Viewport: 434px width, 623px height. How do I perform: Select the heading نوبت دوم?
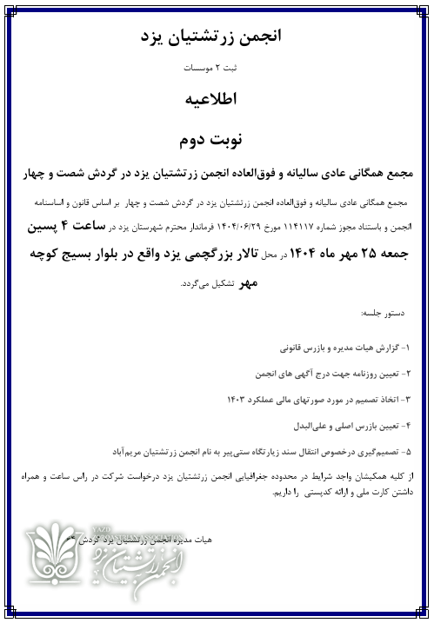click(217, 138)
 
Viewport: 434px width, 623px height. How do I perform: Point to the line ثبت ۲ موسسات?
click(217, 67)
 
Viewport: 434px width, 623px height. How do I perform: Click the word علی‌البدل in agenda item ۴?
click(317, 426)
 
